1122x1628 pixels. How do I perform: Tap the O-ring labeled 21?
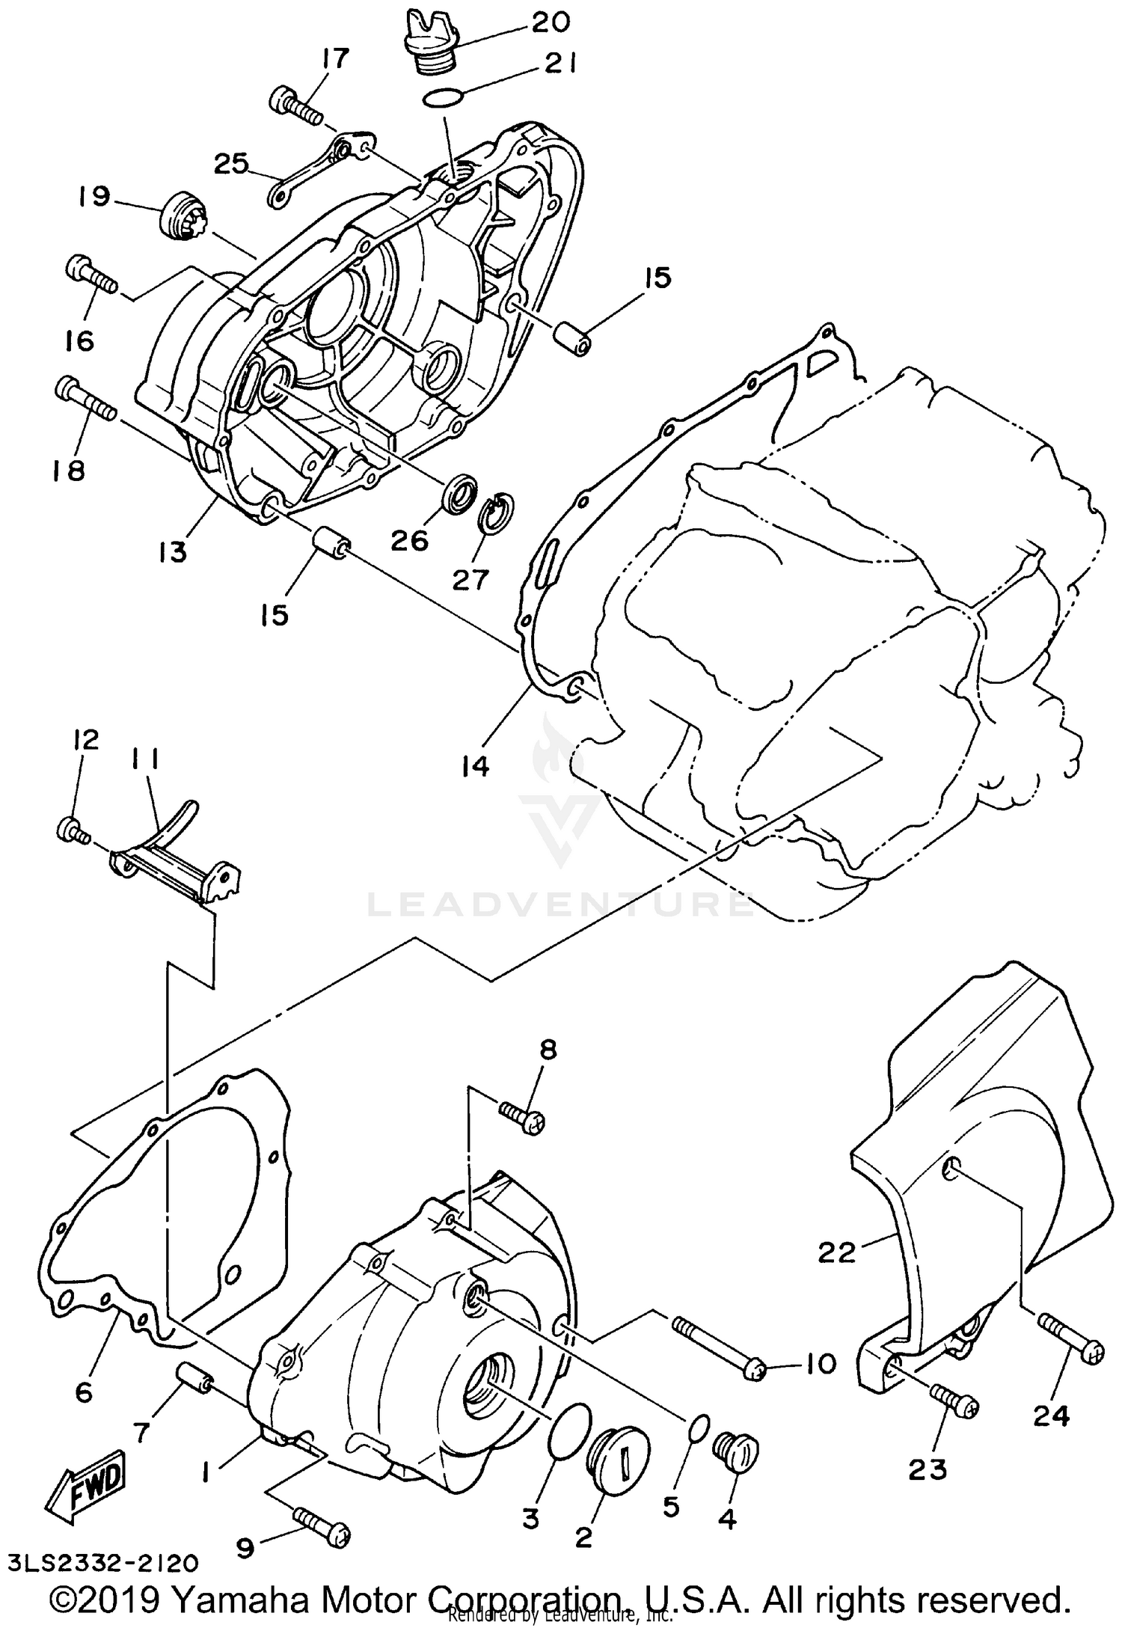click(442, 97)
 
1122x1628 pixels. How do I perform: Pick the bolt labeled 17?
click(296, 106)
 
